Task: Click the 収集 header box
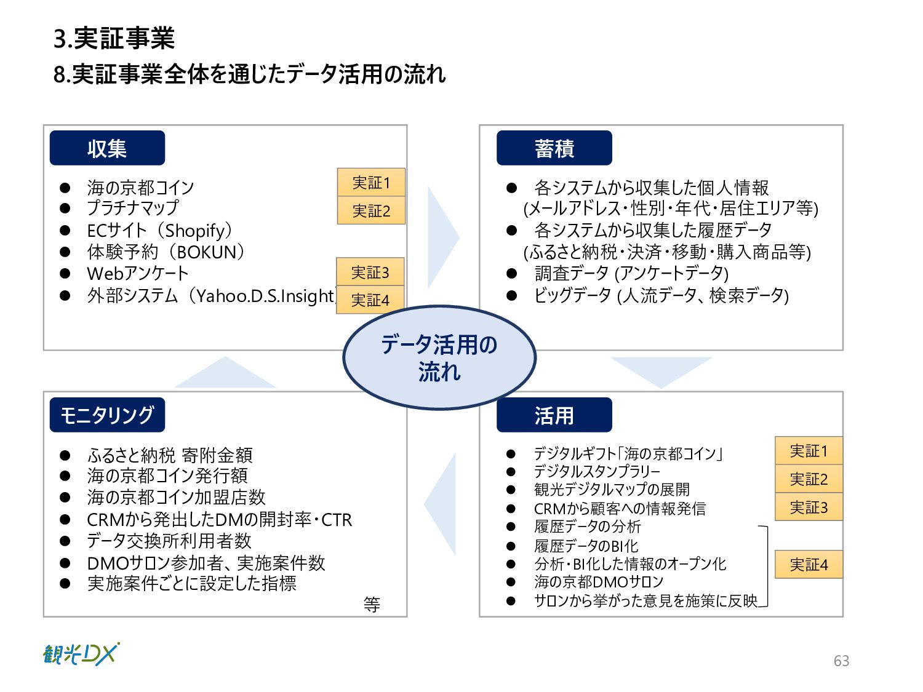[107, 148]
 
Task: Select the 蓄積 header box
[554, 148]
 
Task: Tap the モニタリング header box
[107, 415]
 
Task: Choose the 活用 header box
[554, 415]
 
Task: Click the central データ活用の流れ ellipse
[439, 357]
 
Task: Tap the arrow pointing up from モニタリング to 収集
[225, 373]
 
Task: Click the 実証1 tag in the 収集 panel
[371, 183]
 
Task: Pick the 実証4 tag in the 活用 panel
[809, 565]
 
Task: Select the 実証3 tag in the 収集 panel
[370, 272]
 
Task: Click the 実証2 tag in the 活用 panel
[809, 479]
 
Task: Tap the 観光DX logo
[81, 654]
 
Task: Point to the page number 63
[841, 661]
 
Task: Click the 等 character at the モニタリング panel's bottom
[372, 605]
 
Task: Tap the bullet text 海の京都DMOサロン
[599, 582]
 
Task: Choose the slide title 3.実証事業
[114, 39]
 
